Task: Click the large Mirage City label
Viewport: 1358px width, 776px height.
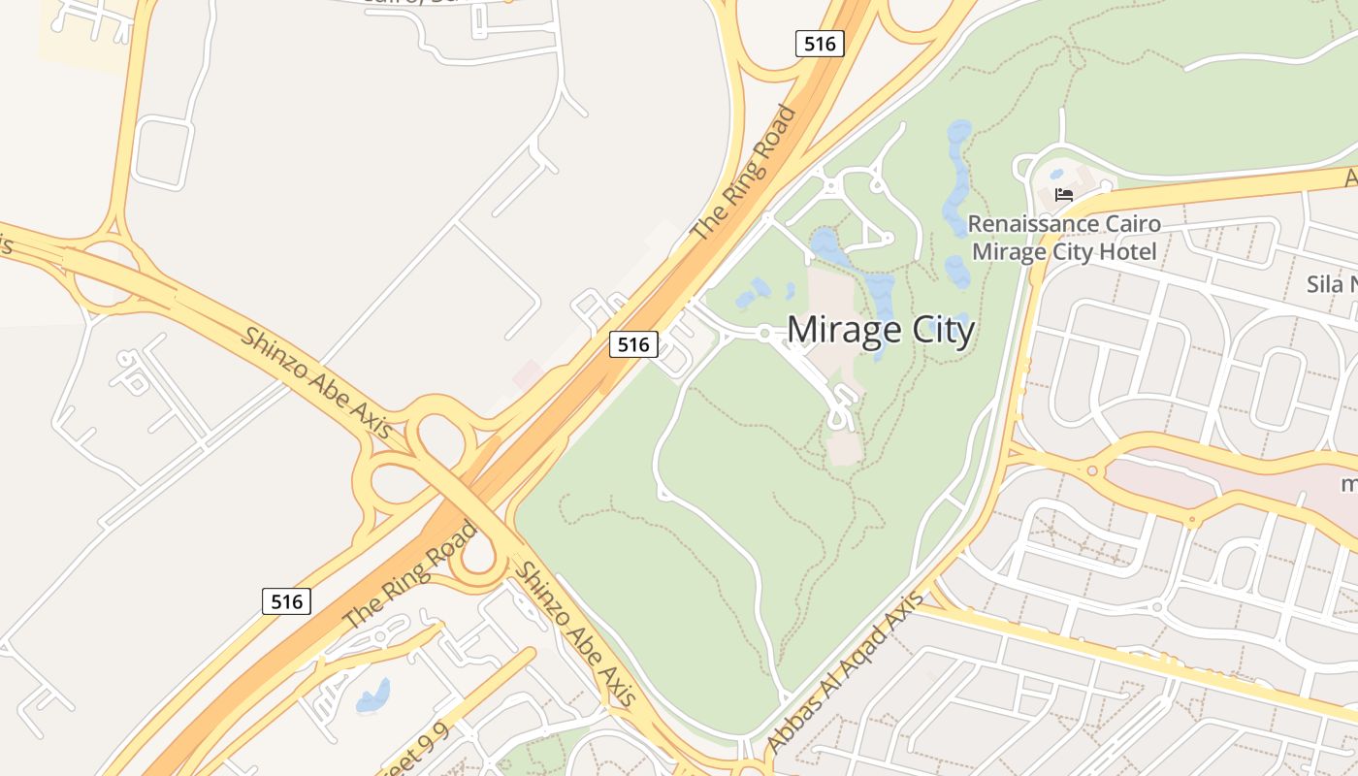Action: click(880, 331)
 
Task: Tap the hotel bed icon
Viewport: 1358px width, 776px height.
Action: click(1063, 194)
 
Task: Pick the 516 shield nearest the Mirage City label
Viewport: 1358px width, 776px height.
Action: click(633, 343)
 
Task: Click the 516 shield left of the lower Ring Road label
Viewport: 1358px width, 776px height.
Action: click(287, 601)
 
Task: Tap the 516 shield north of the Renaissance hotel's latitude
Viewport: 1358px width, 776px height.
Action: click(820, 43)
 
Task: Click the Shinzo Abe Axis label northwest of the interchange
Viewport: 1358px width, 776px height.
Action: click(315, 382)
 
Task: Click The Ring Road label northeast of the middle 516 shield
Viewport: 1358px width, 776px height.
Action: click(744, 174)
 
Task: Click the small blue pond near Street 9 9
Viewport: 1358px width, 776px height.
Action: click(373, 696)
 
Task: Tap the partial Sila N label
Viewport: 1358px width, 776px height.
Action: click(1331, 284)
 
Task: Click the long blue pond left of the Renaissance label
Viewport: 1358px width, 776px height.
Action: click(957, 175)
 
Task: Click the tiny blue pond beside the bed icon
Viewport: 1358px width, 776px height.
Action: click(1055, 176)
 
